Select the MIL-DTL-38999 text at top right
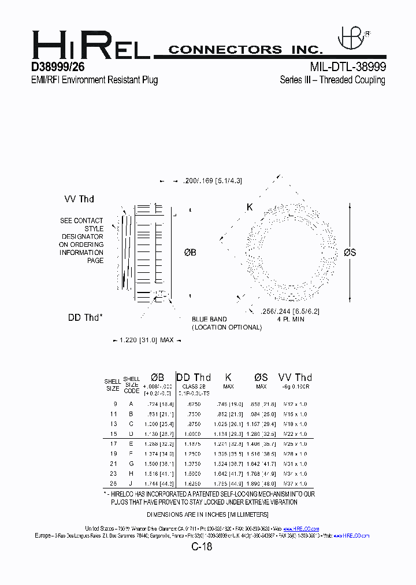point(347,67)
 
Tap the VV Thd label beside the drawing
point(79,199)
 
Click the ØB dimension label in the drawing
point(190,253)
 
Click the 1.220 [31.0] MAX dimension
point(147,340)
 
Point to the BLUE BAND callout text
point(210,319)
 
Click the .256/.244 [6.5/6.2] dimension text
point(291,311)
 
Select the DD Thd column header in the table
point(194,377)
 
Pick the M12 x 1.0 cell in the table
point(295,404)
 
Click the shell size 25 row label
point(114,483)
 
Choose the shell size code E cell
point(131,443)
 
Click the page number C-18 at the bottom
point(202,547)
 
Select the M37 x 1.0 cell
point(295,483)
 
